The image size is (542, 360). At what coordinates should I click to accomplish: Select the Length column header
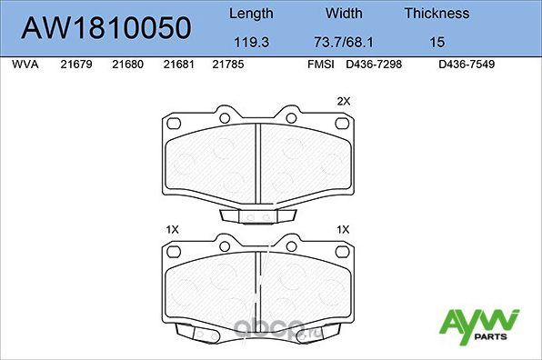tap(250, 14)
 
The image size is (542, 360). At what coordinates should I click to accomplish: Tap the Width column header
tap(344, 14)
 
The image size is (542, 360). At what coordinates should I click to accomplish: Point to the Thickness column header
tap(437, 14)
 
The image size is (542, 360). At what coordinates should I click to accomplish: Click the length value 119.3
tap(250, 41)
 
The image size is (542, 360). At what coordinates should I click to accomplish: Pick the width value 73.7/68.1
tap(344, 41)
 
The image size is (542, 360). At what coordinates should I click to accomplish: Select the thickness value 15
tap(437, 41)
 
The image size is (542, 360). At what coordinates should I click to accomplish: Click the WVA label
tap(24, 65)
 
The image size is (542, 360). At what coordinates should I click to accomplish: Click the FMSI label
tap(322, 65)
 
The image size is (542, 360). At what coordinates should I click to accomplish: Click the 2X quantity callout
tap(343, 101)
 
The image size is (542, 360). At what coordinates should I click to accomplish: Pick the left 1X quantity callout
tap(173, 229)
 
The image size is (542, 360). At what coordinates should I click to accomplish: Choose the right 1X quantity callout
tap(343, 229)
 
